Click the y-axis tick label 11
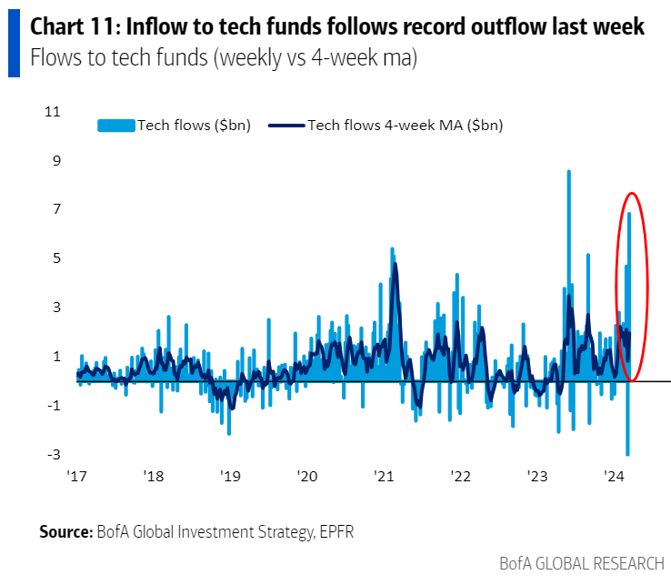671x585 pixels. pyautogui.click(x=52, y=112)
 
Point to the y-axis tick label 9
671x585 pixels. pyautogui.click(x=55, y=160)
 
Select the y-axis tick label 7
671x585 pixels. pyautogui.click(x=55, y=209)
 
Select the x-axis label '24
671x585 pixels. pyautogui.click(x=613, y=476)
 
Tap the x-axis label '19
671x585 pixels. pyautogui.click(x=230, y=476)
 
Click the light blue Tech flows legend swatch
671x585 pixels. pyautogui.click(x=115, y=126)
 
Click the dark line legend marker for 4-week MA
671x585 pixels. pyautogui.click(x=286, y=126)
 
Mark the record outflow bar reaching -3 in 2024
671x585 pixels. pyautogui.click(x=627, y=453)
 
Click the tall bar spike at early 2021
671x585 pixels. pyautogui.click(x=392, y=249)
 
